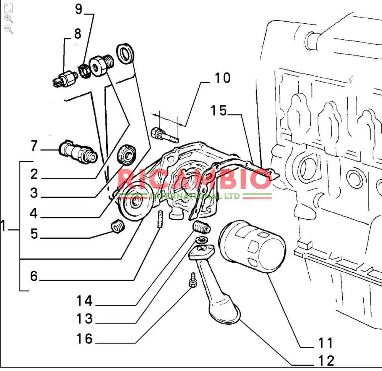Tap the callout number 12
click(326, 360)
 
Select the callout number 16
click(84, 338)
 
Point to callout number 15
click(219, 111)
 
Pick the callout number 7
click(34, 146)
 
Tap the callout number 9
click(78, 9)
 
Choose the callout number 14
click(84, 301)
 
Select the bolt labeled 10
click(164, 134)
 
